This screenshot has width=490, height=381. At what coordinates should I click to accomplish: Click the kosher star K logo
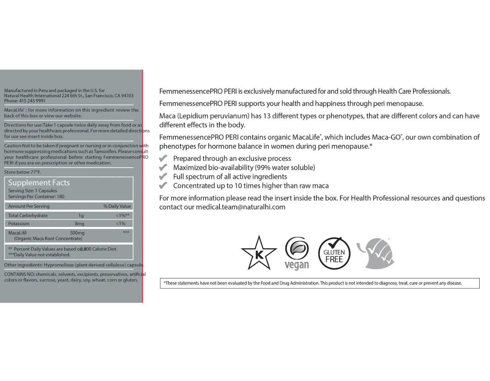click(259, 253)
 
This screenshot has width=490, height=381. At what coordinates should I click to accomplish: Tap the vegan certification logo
click(297, 253)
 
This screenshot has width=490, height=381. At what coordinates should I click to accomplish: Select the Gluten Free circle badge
click(334, 253)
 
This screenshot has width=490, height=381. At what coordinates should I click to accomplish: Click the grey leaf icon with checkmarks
click(376, 253)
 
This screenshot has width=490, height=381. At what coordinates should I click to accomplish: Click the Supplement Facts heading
click(39, 183)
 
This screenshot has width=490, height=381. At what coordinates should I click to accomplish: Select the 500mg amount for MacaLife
click(77, 233)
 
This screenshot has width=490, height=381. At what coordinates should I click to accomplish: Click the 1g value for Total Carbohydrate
click(81, 216)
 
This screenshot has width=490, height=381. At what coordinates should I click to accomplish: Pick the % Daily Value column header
click(117, 206)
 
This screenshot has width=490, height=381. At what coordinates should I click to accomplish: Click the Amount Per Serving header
click(29, 206)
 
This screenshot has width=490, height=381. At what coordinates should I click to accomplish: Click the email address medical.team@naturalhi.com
click(240, 207)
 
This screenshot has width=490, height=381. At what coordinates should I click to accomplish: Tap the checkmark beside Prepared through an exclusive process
click(163, 158)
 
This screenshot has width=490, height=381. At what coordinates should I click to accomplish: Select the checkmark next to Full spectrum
click(163, 177)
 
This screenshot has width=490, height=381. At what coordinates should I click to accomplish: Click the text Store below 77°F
click(22, 172)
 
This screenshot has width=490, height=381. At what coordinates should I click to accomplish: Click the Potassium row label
click(19, 224)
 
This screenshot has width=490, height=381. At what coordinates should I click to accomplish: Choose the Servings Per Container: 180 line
click(36, 196)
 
